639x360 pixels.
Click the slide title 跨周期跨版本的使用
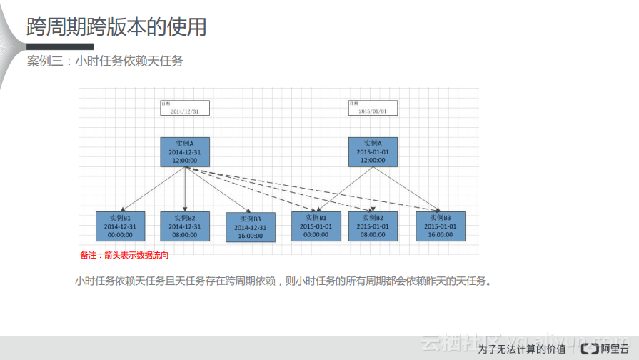pyautogui.click(x=116, y=27)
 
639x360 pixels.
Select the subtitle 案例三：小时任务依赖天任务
pyautogui.click(x=105, y=61)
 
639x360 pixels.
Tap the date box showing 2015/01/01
pyautogui.click(x=373, y=108)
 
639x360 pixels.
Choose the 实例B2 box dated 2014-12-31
pyautogui.click(x=185, y=226)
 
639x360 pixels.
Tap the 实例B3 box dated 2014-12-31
pyautogui.click(x=250, y=227)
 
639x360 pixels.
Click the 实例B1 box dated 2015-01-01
pyautogui.click(x=316, y=226)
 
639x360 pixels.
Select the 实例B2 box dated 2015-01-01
pyautogui.click(x=373, y=226)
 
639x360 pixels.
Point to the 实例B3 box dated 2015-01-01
pyautogui.click(x=441, y=226)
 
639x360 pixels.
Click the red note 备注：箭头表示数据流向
pyautogui.click(x=124, y=254)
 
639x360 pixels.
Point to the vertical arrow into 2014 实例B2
pyautogui.click(x=185, y=190)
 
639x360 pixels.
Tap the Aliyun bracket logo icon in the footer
pyautogui.click(x=590, y=349)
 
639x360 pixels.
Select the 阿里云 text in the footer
pyautogui.click(x=615, y=349)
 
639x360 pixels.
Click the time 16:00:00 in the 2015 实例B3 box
pyautogui.click(x=441, y=234)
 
